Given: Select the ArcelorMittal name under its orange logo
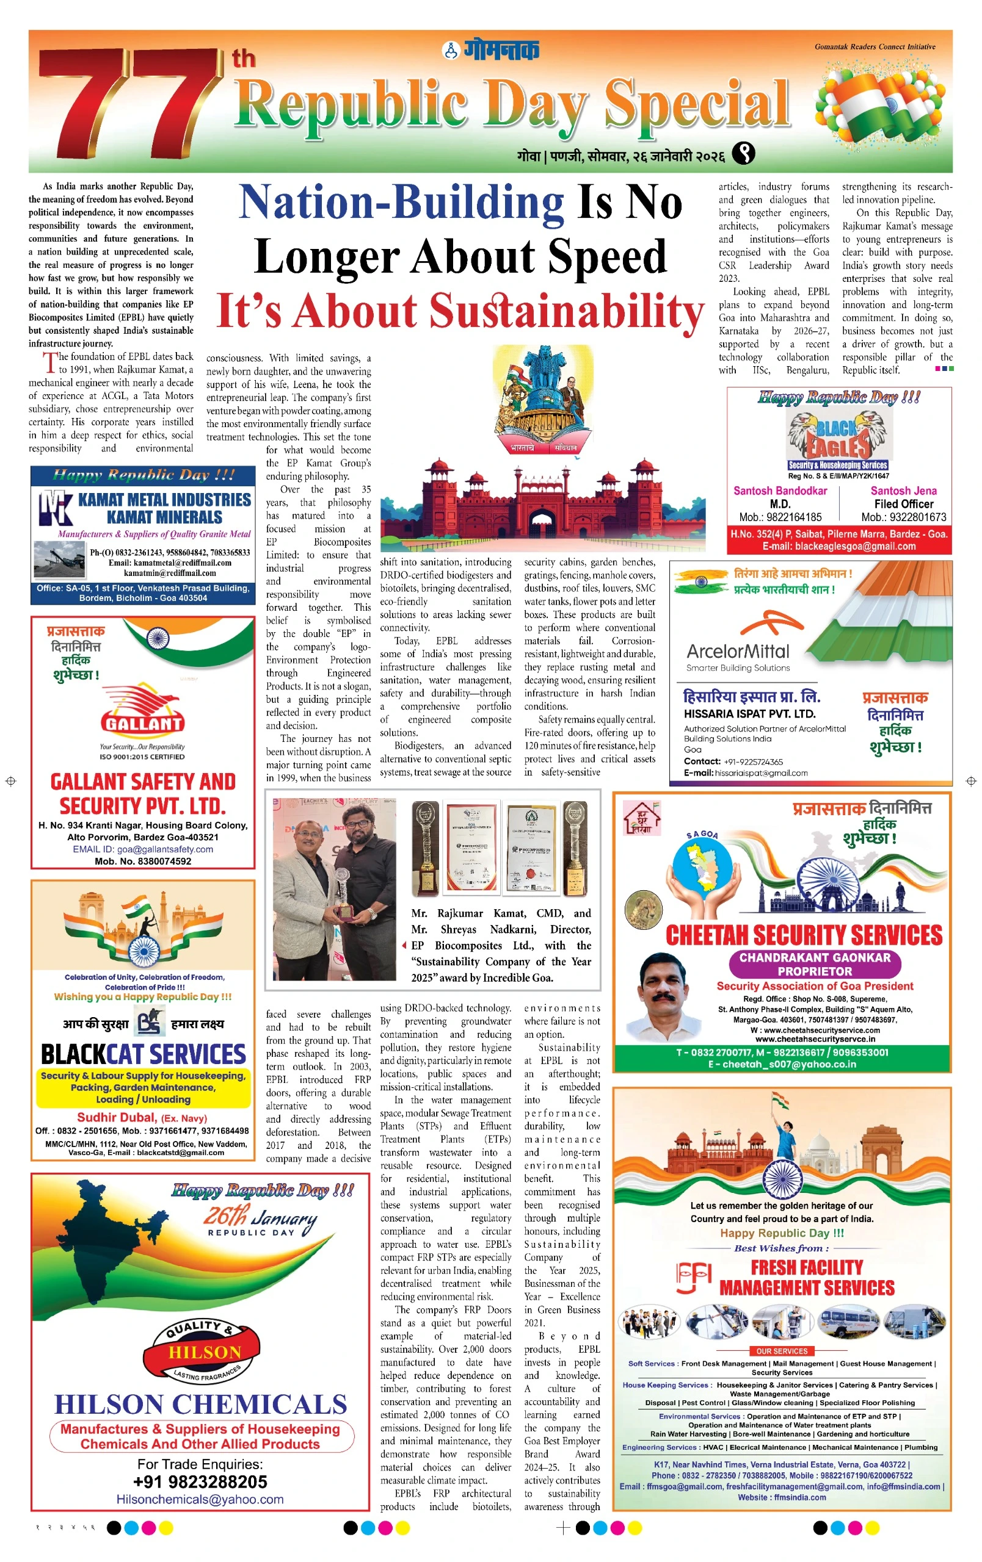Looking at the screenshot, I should pos(738,651).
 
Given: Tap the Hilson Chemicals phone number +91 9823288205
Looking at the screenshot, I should pos(200,1482).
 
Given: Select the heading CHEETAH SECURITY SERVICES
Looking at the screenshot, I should pos(804,935).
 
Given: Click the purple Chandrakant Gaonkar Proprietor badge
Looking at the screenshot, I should pos(815,964).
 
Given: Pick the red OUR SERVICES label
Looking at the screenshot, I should pos(782,1351).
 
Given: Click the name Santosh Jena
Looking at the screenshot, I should pos(903,491).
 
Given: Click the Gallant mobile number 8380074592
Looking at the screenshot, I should pos(143,862).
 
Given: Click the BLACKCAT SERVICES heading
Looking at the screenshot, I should pos(143,1054).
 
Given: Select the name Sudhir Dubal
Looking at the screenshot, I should pos(117,1117).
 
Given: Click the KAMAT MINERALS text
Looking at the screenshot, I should pos(164,517).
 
